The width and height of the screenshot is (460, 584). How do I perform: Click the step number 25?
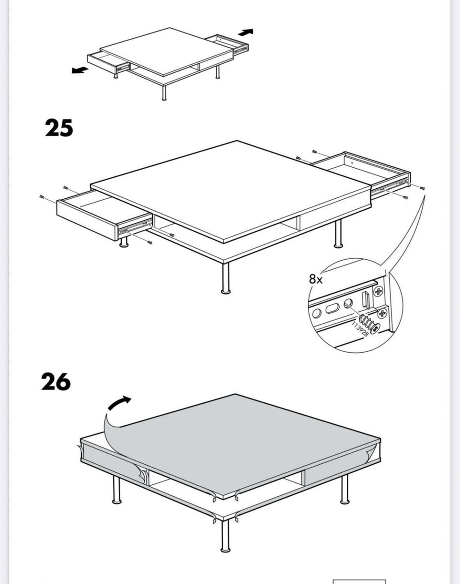(59, 127)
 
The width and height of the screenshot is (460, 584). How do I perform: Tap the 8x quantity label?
(316, 279)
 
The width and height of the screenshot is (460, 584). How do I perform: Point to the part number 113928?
(360, 329)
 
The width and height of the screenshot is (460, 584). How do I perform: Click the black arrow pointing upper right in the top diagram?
(246, 32)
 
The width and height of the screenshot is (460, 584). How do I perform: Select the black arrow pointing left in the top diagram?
(80, 70)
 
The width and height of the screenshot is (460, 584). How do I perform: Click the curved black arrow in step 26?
(119, 403)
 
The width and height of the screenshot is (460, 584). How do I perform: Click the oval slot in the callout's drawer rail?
(333, 309)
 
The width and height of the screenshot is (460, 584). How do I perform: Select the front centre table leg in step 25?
(226, 278)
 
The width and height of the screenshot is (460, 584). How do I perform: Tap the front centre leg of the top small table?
(164, 93)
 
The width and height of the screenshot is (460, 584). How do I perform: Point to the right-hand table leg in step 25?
(338, 234)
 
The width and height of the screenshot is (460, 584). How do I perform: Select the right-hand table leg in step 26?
(345, 489)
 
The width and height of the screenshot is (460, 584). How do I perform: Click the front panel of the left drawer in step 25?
(87, 220)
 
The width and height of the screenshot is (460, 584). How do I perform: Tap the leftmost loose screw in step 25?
(42, 196)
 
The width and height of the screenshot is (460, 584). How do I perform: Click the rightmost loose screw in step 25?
(422, 188)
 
